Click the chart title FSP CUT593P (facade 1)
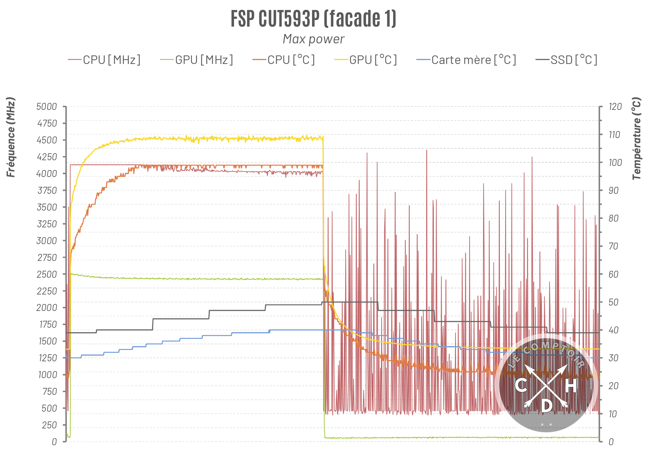point(313,19)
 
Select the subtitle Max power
point(313,39)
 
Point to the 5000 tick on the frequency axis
point(47,107)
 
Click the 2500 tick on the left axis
point(47,274)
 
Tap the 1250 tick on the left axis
point(48,358)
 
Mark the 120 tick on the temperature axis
point(615,107)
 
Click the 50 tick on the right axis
point(613,302)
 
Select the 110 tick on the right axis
point(614,135)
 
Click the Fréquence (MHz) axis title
point(11,137)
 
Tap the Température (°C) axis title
point(636,138)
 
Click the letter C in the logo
point(521,385)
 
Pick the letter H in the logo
point(570,386)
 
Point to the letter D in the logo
point(546,406)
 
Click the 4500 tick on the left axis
point(47,140)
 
